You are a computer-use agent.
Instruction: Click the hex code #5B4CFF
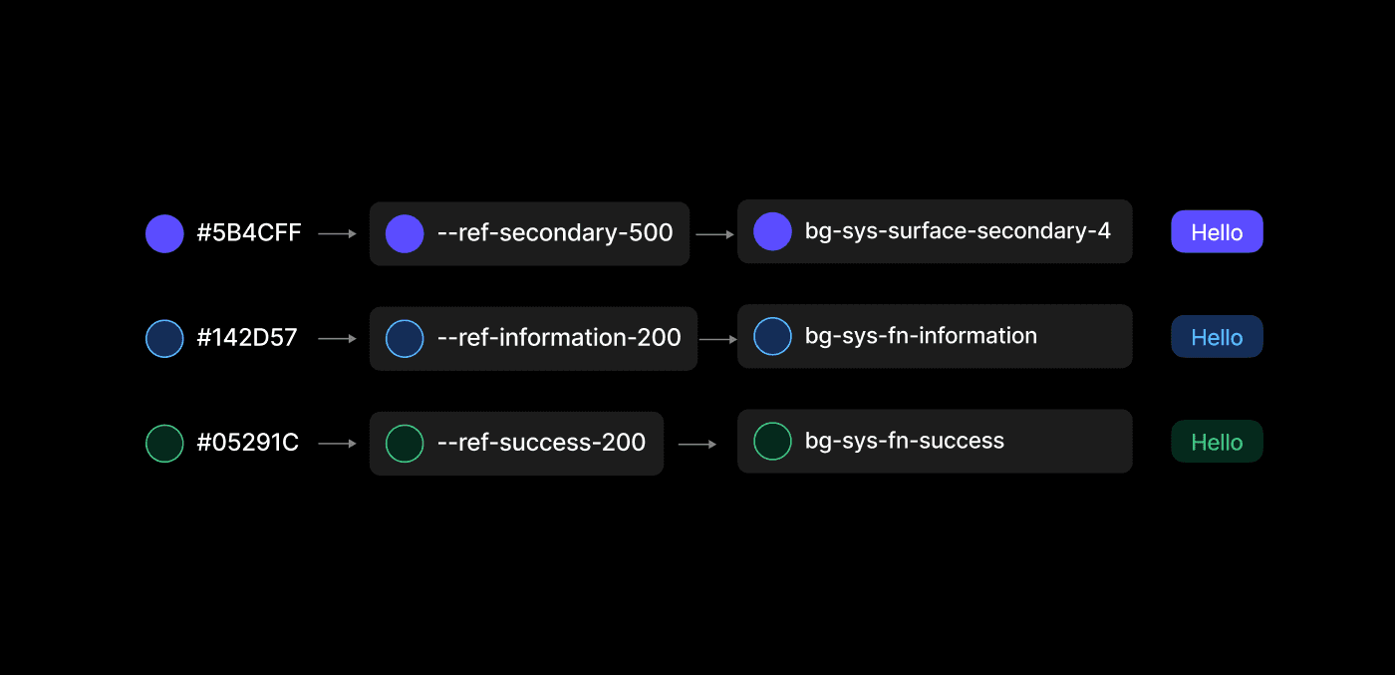tap(248, 233)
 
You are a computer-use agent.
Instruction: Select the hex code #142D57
tap(246, 338)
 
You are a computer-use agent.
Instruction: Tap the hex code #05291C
tap(247, 443)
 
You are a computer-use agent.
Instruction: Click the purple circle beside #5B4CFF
tap(164, 233)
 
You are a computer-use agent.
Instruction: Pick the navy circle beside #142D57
tap(164, 338)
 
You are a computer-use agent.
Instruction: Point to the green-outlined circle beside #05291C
tap(164, 443)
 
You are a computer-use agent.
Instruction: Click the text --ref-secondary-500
tap(555, 233)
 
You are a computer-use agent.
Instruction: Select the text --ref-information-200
tap(559, 338)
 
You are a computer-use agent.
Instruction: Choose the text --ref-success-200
tap(541, 443)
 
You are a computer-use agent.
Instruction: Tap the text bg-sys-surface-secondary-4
tap(958, 231)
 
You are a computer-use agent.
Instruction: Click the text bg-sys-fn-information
tap(921, 336)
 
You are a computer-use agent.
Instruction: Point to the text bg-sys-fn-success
tap(904, 441)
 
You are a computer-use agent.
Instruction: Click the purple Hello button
tap(1217, 232)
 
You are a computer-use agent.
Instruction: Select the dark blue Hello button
tap(1217, 337)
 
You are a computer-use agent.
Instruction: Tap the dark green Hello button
tap(1217, 442)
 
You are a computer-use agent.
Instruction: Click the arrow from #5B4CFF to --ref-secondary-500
tap(337, 234)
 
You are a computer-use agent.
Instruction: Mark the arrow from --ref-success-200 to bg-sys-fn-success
tap(697, 444)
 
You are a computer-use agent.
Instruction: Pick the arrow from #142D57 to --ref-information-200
tap(337, 339)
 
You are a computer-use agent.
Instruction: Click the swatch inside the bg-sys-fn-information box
tap(772, 336)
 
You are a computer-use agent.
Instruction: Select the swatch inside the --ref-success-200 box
tap(405, 443)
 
